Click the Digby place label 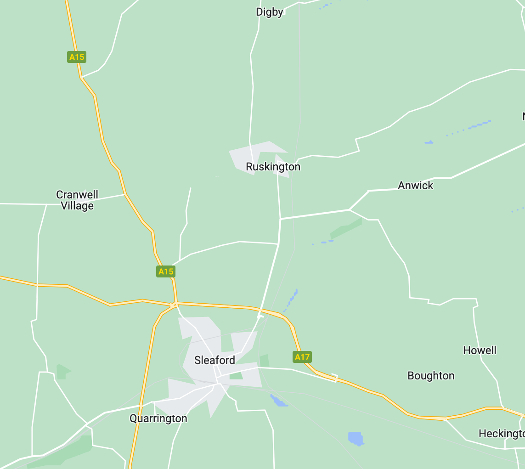(x=270, y=12)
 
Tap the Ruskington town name (x=273, y=167)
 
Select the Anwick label (x=415, y=186)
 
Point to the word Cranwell (x=77, y=195)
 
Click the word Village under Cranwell (x=77, y=206)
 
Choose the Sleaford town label (x=215, y=360)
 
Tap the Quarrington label (x=158, y=418)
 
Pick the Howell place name (x=480, y=350)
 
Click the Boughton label (x=431, y=376)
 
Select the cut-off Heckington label (x=501, y=434)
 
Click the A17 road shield (x=302, y=357)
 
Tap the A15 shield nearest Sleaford (x=166, y=271)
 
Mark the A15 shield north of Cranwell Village (x=77, y=57)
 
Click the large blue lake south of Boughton (x=356, y=438)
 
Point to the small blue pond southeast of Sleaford (x=278, y=401)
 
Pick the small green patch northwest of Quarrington (x=62, y=371)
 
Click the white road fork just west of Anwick (x=350, y=210)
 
